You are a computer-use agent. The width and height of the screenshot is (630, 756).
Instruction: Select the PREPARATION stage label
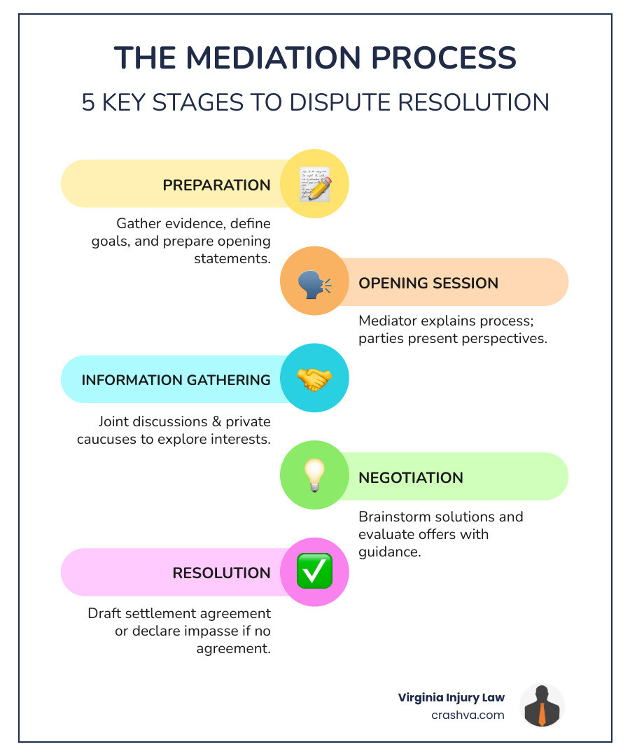(216, 185)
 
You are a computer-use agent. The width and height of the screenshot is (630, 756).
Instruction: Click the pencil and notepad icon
(314, 184)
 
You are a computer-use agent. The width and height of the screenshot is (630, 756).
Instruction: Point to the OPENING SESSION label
(428, 283)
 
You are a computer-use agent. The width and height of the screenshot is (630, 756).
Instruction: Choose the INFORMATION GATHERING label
(176, 380)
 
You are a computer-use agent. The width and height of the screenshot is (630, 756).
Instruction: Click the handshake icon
(314, 379)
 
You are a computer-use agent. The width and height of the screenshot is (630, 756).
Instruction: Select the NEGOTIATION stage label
(411, 478)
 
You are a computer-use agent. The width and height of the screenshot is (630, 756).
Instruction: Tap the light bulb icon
(314, 476)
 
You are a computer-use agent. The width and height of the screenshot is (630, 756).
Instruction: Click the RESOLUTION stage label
(221, 573)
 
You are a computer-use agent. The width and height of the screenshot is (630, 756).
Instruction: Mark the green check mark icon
(314, 572)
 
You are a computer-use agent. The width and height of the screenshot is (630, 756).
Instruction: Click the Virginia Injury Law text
(451, 697)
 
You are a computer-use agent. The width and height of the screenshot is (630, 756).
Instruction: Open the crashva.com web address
(468, 715)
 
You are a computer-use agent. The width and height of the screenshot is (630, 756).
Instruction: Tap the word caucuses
(125, 439)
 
